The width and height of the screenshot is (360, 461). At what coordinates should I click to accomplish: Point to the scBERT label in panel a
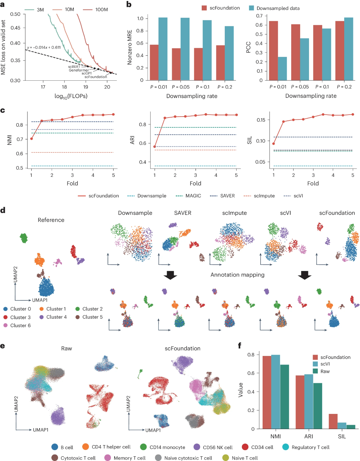[x=74, y=67]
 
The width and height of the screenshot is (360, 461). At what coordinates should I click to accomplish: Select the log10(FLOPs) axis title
[x=71, y=96]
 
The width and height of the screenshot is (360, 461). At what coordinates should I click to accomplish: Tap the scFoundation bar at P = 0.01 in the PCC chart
[x=273, y=51]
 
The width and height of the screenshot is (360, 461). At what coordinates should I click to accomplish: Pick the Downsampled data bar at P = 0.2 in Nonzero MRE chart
[x=229, y=53]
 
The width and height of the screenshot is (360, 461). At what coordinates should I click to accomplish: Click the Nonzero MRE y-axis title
[x=130, y=47]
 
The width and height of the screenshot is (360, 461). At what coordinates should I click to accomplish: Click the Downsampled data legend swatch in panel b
[x=251, y=8]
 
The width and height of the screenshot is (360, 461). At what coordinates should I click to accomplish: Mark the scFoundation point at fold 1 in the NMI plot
[x=32, y=139]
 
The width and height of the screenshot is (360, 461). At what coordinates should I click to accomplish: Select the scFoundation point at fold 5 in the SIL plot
[x=353, y=115]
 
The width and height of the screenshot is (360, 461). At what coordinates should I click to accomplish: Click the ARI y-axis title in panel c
[x=133, y=140]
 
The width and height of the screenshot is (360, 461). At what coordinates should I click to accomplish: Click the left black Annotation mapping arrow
[x=170, y=275]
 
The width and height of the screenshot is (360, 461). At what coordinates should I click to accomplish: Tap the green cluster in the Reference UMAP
[x=24, y=238]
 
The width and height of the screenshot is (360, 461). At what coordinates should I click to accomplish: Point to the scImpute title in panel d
[x=234, y=213]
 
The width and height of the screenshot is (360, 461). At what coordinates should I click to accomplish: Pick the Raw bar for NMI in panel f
[x=284, y=397]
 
